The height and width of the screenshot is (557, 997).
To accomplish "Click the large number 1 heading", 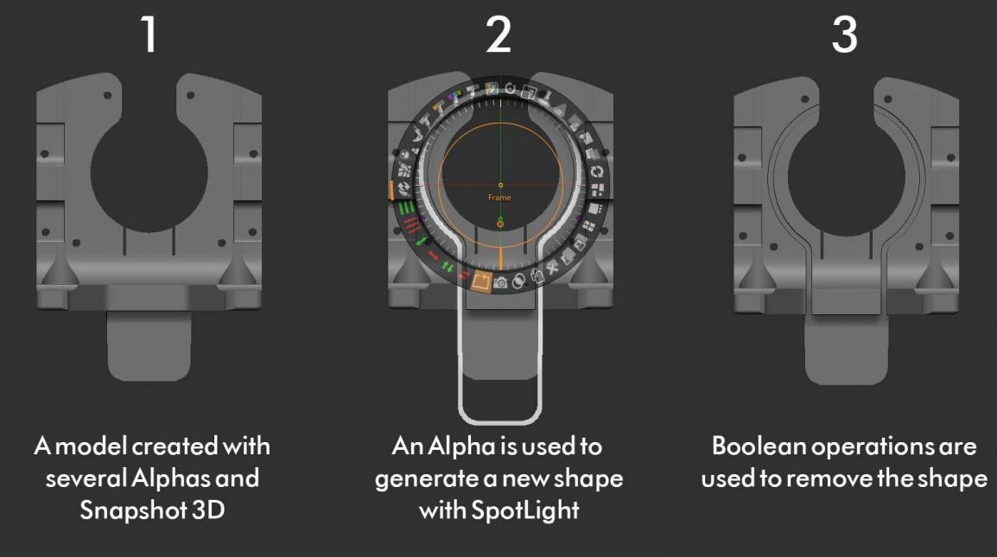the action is (149, 35).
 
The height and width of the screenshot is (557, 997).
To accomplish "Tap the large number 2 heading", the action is (498, 35).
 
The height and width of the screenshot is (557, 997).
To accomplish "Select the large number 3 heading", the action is (844, 35).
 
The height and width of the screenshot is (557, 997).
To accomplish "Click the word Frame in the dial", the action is (499, 198).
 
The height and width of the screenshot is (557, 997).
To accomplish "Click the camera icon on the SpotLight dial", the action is (500, 282).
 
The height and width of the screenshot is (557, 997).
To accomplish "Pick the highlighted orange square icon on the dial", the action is (480, 281).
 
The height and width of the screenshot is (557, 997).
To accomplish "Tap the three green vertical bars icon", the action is (406, 207).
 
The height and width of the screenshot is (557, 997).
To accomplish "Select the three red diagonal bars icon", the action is (412, 225).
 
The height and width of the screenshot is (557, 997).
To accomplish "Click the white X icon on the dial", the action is (552, 267).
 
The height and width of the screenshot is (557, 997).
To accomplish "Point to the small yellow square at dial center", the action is (500, 185).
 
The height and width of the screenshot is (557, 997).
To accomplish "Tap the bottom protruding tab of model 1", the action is (149, 346).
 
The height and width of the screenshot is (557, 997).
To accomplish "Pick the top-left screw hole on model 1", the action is (107, 95).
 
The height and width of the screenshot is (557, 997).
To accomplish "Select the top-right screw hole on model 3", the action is (887, 99).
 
